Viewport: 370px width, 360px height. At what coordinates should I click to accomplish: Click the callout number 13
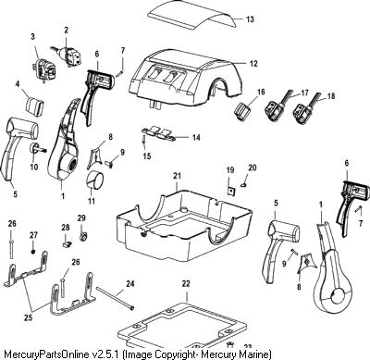[250, 19]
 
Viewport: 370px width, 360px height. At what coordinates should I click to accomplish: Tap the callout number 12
[253, 64]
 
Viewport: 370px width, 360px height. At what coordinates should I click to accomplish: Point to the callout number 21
[177, 176]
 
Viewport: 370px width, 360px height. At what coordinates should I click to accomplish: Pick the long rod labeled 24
[116, 298]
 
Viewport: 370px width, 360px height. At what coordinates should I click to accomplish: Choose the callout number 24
[130, 283]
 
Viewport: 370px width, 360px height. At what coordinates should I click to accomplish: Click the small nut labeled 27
[33, 252]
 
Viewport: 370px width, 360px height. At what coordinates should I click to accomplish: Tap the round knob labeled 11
[94, 180]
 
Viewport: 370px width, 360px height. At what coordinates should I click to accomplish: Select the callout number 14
[196, 137]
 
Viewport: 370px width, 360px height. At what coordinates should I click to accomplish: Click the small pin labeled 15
[144, 140]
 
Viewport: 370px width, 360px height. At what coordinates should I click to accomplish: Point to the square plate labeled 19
[229, 191]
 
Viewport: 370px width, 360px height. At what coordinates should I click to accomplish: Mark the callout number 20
[253, 168]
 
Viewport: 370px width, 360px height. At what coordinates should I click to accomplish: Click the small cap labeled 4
[33, 106]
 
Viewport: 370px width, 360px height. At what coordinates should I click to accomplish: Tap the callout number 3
[32, 37]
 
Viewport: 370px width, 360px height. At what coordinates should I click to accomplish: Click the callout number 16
[261, 92]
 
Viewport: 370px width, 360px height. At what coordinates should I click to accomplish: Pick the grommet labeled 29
[82, 236]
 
